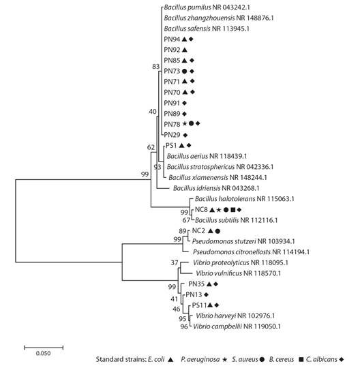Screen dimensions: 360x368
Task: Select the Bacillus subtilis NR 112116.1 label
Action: tap(236, 220)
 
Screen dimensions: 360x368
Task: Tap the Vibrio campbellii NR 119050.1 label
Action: tap(237, 326)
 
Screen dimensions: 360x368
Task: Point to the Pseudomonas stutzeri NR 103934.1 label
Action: tap(243, 241)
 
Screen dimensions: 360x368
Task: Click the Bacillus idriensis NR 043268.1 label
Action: tap(216, 188)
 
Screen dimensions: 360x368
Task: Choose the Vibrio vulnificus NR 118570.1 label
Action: tap(239, 273)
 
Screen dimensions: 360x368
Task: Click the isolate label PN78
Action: tap(172, 124)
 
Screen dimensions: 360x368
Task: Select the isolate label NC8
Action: tap(201, 209)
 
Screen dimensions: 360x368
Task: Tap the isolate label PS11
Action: tap(199, 305)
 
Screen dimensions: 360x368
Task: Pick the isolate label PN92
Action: tap(172, 50)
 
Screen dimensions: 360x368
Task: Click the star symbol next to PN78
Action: tap(185, 123)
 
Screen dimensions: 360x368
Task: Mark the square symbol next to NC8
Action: tap(232, 210)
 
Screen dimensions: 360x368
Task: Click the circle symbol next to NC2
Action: tap(217, 231)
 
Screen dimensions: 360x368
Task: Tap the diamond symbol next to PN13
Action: tap(206, 294)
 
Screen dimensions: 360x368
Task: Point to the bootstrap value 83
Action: tap(156, 67)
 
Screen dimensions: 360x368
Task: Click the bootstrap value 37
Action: tap(175, 262)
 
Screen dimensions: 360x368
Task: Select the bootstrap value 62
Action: tap(151, 147)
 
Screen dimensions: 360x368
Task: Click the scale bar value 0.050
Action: tap(43, 353)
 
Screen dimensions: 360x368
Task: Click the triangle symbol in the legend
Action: tap(171, 359)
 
